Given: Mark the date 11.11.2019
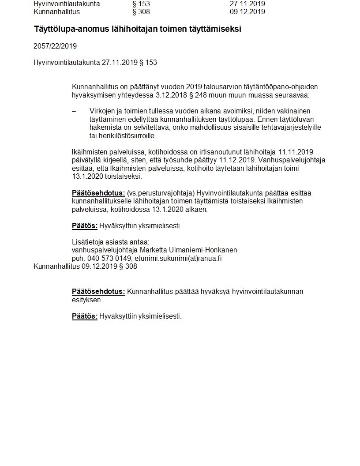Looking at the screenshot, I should [296, 152].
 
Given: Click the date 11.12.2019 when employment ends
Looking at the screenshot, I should [236, 160].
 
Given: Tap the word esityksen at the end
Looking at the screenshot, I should [87, 300].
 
